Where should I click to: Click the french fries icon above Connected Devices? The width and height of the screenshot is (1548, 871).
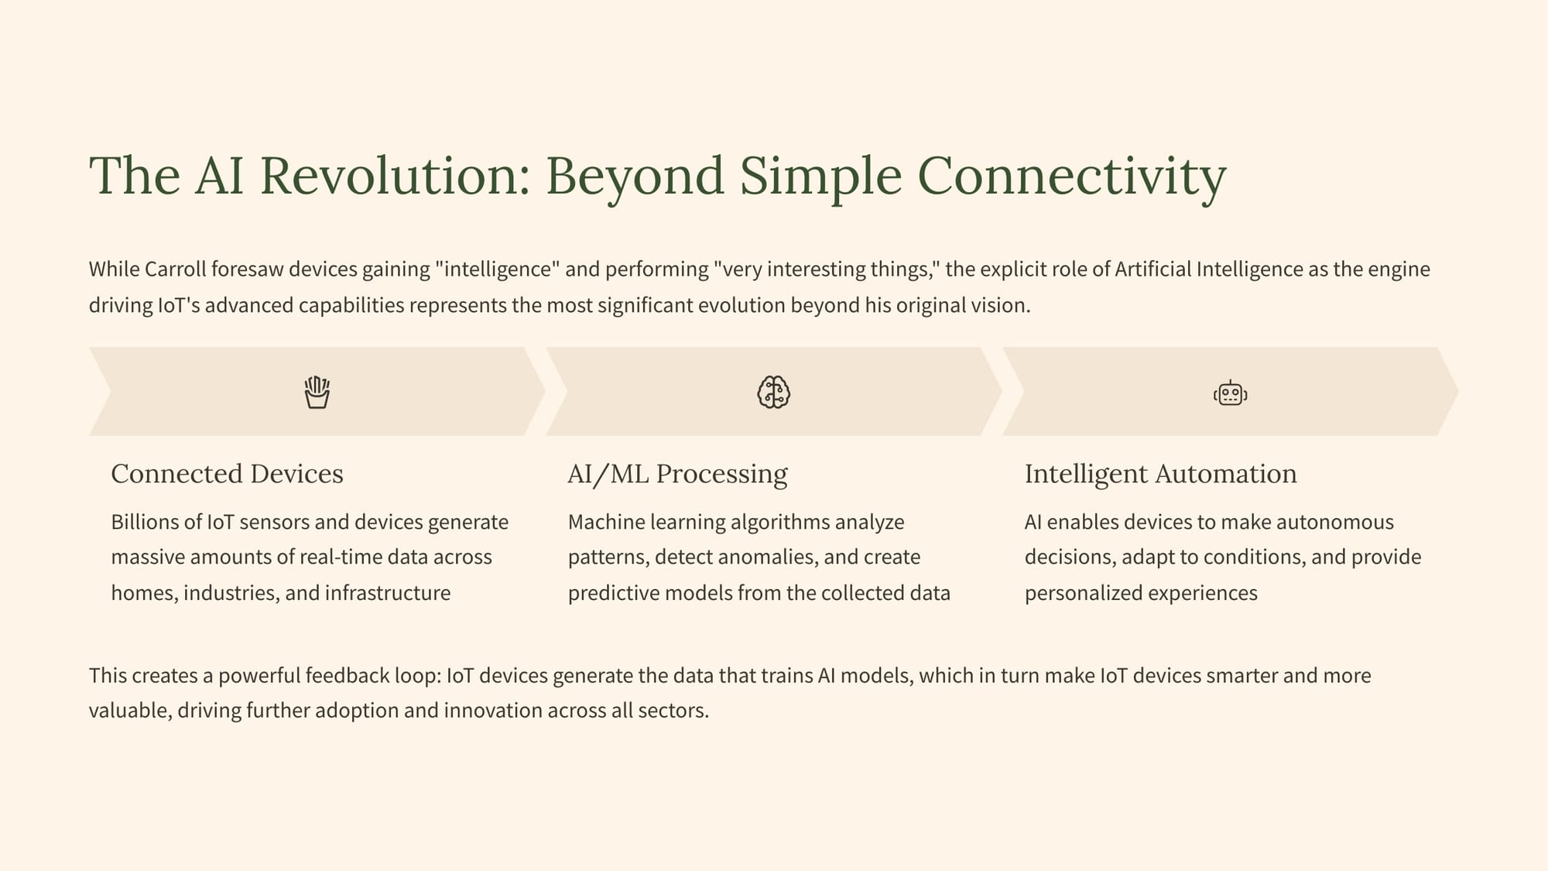[317, 393]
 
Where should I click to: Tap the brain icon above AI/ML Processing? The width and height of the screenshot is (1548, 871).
[774, 392]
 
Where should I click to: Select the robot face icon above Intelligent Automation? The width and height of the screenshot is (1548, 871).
[1231, 393]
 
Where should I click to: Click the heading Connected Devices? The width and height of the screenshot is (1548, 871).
[227, 473]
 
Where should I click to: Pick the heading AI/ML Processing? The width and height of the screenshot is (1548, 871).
[678, 474]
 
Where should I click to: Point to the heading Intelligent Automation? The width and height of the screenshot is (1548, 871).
[1161, 474]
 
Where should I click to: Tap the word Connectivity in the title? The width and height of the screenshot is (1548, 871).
[1072, 177]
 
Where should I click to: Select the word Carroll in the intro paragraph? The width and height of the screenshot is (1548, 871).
[176, 269]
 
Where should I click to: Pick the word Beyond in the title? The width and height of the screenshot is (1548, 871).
[635, 177]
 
